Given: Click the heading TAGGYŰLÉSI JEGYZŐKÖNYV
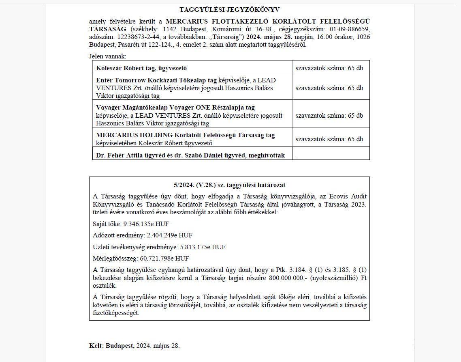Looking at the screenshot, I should pyautogui.click(x=229, y=9).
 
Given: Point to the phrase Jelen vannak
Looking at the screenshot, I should pyautogui.click(x=108, y=56).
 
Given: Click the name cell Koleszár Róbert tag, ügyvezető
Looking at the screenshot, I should pyautogui.click(x=141, y=68).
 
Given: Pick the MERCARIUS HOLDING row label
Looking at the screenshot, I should pyautogui.click(x=185, y=135).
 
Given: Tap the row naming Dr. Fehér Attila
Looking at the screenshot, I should pyautogui.click(x=190, y=155).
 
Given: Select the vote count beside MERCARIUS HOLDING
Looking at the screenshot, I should pyautogui.click(x=329, y=139).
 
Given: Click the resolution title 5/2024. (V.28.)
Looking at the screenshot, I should pyautogui.click(x=229, y=185).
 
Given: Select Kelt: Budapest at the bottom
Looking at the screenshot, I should pyautogui.click(x=112, y=346).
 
